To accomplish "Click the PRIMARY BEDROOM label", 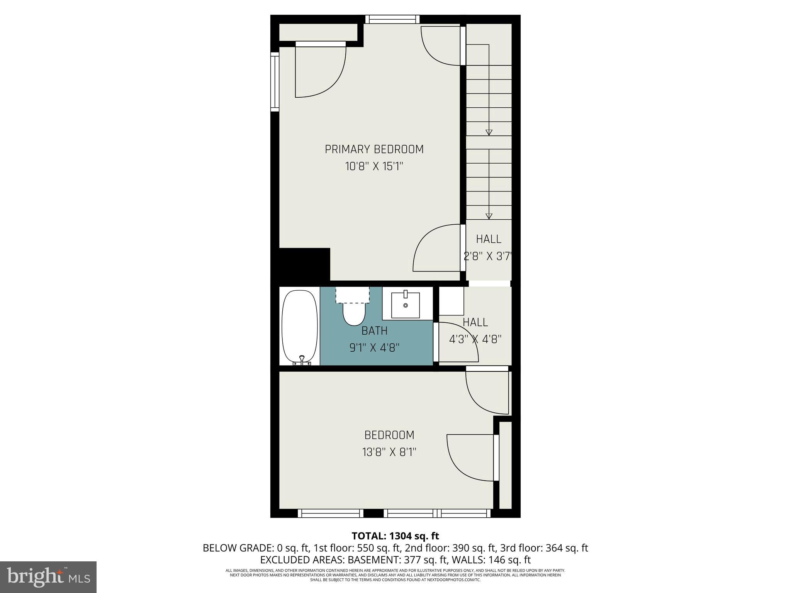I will click(x=374, y=149).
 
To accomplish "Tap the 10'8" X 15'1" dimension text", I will click(x=374, y=166).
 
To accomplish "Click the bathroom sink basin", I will click(x=406, y=305).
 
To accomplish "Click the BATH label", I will click(x=374, y=331).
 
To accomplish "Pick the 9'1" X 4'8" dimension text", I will click(x=374, y=348).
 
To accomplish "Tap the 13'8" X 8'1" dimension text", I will click(x=389, y=452).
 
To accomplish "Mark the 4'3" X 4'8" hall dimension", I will click(x=475, y=339).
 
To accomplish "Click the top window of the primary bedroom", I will click(x=392, y=19).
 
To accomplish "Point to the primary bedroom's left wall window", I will click(x=275, y=82).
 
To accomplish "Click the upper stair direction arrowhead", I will click(x=489, y=132).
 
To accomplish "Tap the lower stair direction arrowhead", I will click(x=489, y=216).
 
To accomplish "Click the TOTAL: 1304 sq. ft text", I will click(x=395, y=536).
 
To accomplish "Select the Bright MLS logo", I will click(x=48, y=577).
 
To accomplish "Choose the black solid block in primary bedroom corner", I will click(x=304, y=264).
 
